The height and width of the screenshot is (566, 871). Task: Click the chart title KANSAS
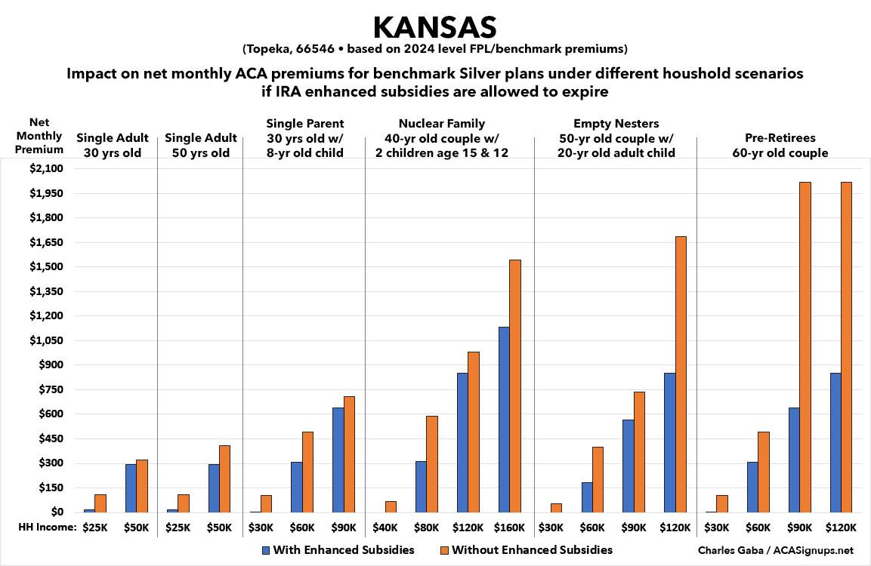[434, 28]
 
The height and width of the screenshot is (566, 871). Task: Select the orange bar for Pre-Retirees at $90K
[805, 347]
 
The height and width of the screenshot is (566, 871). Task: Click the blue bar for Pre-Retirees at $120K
[835, 442]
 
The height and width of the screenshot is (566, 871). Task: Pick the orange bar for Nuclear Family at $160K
[515, 386]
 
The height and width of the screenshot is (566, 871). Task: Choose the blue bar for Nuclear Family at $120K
[462, 442]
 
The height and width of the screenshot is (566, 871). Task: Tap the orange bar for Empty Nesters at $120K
[681, 374]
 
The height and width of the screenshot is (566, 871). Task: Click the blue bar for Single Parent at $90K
[338, 460]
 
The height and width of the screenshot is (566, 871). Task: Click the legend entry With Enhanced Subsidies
[338, 549]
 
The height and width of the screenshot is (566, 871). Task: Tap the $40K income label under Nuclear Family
[385, 527]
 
